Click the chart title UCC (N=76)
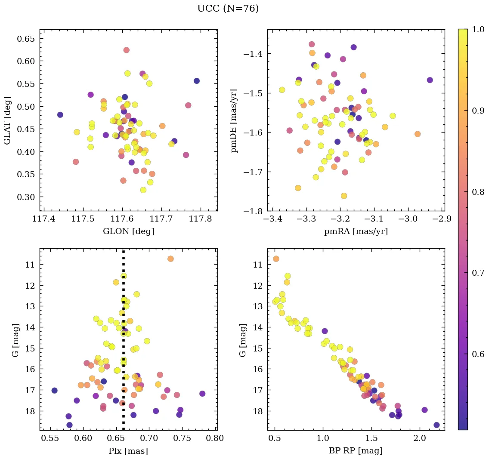pos(228,9)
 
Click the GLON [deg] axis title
pos(128,231)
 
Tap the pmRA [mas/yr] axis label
pos(356,231)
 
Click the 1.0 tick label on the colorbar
pos(477,29)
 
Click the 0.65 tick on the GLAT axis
pos(25,39)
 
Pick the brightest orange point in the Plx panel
pos(170,259)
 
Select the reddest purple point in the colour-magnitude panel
pos(436,425)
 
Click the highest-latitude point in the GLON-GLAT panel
pos(126,50)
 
